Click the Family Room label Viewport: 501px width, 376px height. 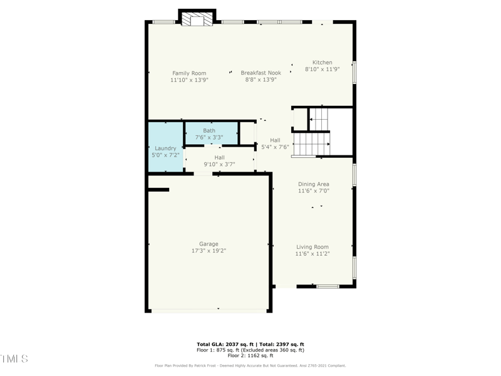(189, 73)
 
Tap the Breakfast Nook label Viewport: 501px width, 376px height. (261, 73)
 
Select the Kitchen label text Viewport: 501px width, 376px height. (323, 63)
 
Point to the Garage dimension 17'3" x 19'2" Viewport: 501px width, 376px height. (209, 251)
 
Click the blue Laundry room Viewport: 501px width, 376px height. (165, 147)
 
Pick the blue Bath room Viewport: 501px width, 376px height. (211, 133)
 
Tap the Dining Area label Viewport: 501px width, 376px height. (313, 184)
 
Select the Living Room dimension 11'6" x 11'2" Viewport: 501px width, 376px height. (312, 254)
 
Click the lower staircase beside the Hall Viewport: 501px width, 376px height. (311, 144)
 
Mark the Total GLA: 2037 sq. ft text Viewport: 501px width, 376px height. (226, 345)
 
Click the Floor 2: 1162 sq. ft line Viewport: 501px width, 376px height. (250, 355)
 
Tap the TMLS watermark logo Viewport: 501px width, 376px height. (14, 359)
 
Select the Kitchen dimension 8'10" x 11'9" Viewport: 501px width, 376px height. (322, 70)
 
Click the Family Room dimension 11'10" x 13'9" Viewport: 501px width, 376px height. (189, 80)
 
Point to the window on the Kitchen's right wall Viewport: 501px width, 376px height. (354, 72)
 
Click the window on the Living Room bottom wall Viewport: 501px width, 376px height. (328, 286)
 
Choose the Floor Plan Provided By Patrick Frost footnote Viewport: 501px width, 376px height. (250, 365)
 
